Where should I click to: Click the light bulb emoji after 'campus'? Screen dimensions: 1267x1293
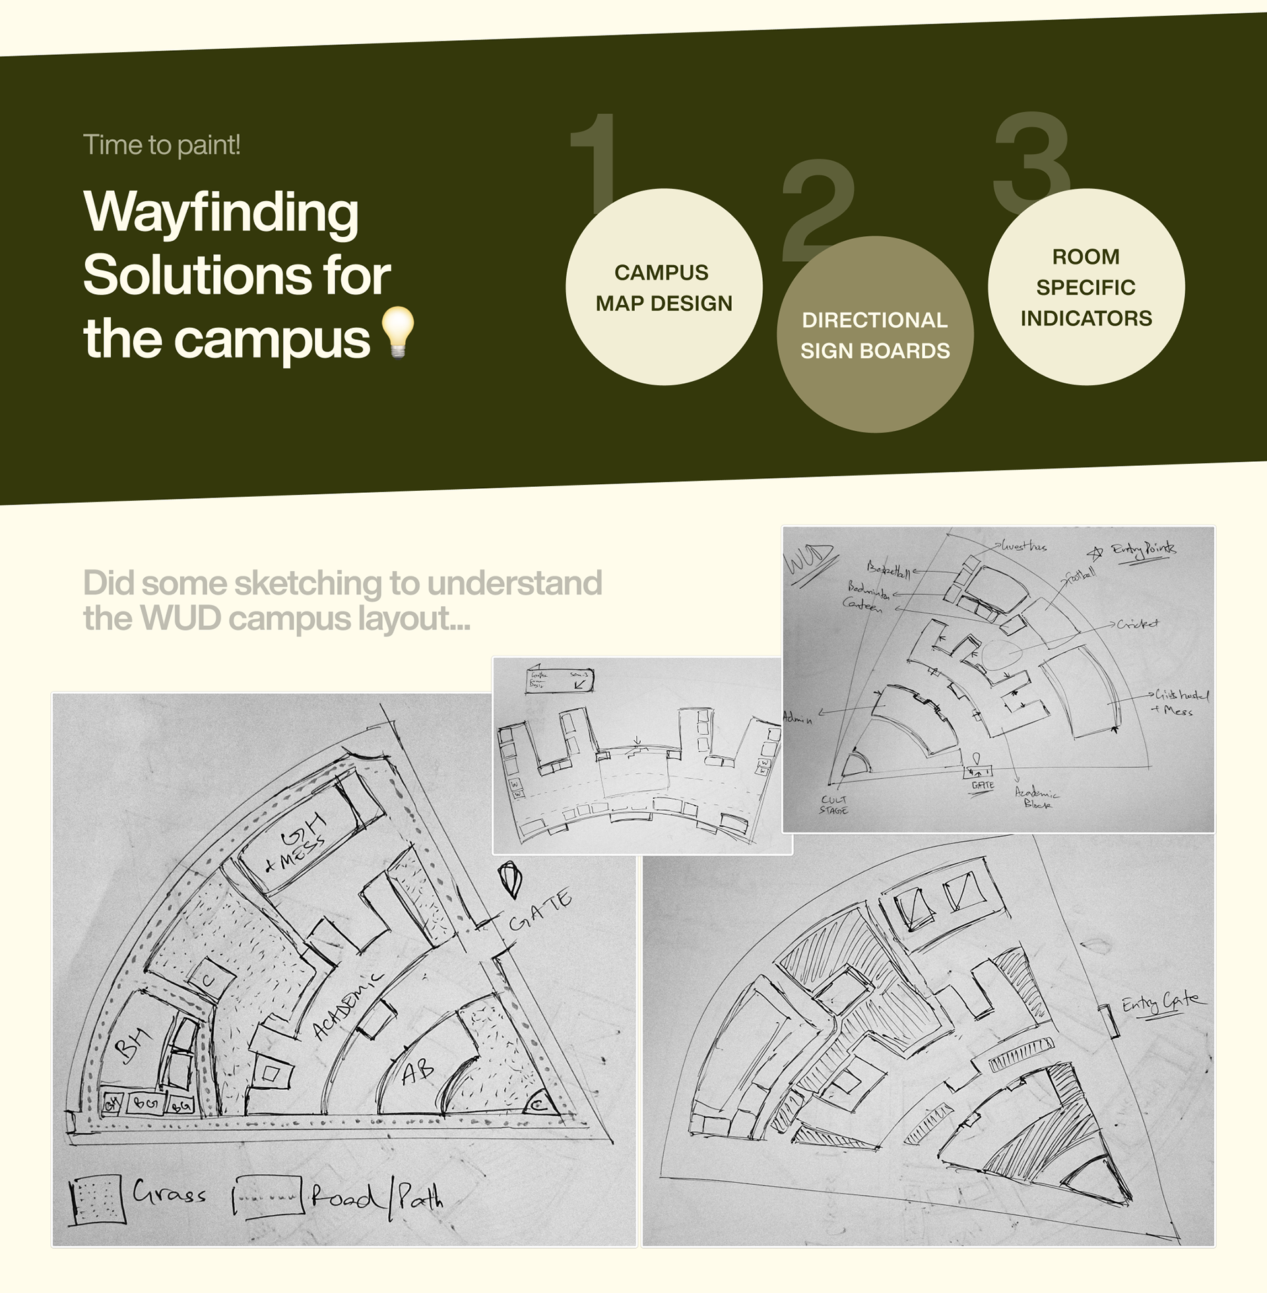(398, 332)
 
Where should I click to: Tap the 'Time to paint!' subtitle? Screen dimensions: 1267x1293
(162, 145)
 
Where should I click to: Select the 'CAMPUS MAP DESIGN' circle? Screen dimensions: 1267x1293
(663, 288)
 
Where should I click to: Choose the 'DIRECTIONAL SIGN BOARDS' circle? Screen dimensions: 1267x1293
(875, 335)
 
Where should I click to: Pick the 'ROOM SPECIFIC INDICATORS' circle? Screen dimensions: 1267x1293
(1086, 288)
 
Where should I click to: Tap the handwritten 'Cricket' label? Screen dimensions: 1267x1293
(1137, 624)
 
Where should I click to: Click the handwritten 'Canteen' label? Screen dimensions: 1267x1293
(862, 604)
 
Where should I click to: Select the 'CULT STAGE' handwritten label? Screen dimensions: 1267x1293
(834, 805)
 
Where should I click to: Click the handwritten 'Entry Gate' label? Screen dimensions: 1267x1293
(1163, 1003)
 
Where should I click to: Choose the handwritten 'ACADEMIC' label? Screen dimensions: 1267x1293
(347, 1006)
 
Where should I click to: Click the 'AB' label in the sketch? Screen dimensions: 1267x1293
(417, 1071)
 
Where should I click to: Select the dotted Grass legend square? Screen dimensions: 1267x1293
(97, 1199)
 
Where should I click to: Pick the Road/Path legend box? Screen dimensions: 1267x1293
(269, 1197)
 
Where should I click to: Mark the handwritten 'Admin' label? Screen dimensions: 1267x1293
(798, 718)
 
